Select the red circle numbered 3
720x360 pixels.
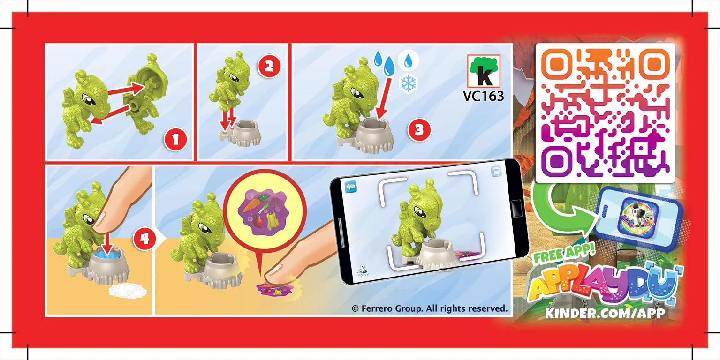pos(419,131)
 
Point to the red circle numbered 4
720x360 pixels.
pos(143,239)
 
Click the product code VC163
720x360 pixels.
pos(484,96)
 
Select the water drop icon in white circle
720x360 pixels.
pos(408,60)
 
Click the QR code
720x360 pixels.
pos(605,112)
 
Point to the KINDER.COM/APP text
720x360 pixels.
pos(605,313)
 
